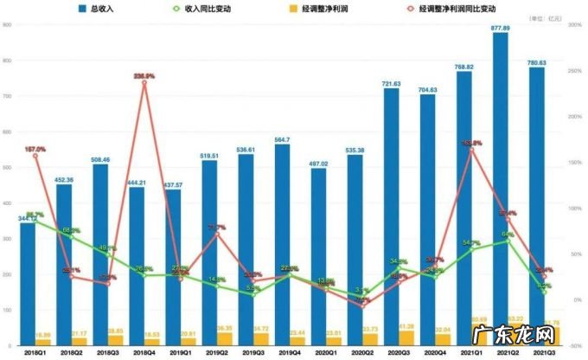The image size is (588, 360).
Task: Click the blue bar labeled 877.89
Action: (500, 190)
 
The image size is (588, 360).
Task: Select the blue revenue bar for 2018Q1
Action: (29, 277)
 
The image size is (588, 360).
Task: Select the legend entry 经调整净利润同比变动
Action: (449, 10)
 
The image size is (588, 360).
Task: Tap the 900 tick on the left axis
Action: (6, 25)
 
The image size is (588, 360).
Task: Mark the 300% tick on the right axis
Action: (572, 25)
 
